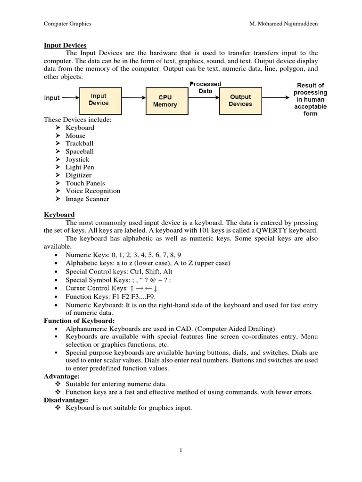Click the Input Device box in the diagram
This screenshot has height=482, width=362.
[x=99, y=99]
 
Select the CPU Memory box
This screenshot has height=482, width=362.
[x=165, y=101]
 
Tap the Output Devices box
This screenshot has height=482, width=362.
[x=240, y=100]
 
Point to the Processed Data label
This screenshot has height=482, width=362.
[x=205, y=88]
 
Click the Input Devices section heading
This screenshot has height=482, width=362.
[x=65, y=45]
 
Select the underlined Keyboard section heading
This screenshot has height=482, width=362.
[x=59, y=215]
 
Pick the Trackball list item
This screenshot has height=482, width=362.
[x=79, y=144]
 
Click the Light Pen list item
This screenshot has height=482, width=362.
[x=80, y=167]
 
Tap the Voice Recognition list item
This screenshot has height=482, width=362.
[x=92, y=191]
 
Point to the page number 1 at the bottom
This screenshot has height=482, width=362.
[x=181, y=450]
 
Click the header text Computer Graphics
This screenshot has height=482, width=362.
[x=67, y=24]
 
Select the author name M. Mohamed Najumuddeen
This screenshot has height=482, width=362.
[x=281, y=24]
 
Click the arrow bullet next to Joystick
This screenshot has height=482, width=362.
[x=58, y=159]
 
